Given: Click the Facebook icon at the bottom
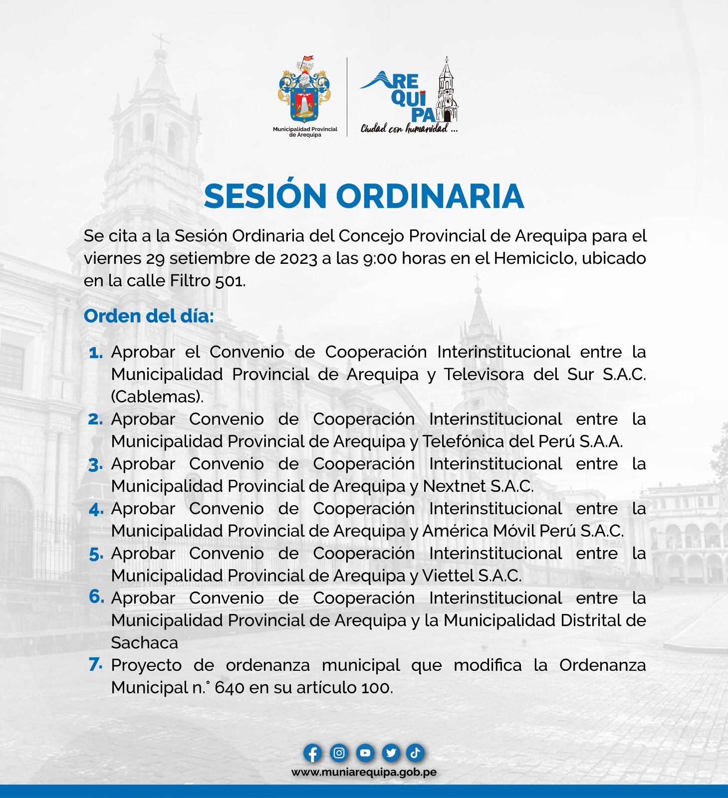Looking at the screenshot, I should pos(312,753).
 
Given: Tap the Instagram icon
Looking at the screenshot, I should pos(339,753).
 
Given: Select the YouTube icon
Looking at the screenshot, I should pos(365,753).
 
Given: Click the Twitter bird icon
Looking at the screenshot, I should pos(391,753).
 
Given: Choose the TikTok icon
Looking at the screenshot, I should pos(415,753).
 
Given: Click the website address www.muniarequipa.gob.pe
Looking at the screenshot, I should pos(364,772).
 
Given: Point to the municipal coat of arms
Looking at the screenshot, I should pos(304,92).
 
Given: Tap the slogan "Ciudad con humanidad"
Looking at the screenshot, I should pos(409,129).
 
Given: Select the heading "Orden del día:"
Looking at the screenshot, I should pos(149,316).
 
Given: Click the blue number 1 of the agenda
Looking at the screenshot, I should pos(95,353).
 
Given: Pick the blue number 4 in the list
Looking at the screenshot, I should pos(96,510).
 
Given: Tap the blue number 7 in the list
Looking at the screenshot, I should pos(95,664).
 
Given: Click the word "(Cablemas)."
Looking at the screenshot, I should pos(157,397).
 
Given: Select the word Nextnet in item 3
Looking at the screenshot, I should pos(454,486).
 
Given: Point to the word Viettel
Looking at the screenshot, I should pos(448,576).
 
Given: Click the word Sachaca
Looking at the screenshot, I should pos(144,643).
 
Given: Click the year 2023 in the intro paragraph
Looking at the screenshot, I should pos(298,258).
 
